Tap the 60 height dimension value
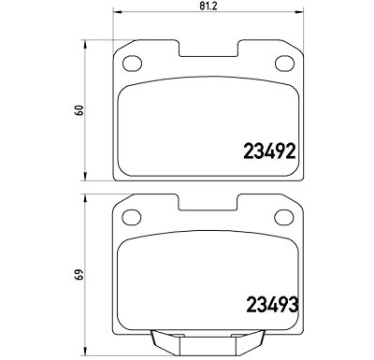point(80,110)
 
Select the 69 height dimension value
point(80,274)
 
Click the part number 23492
point(269,151)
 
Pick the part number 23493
point(272,305)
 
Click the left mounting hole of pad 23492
point(132,64)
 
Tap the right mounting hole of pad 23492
point(284,64)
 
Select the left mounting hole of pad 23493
point(132,217)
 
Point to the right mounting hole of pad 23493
point(283,217)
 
